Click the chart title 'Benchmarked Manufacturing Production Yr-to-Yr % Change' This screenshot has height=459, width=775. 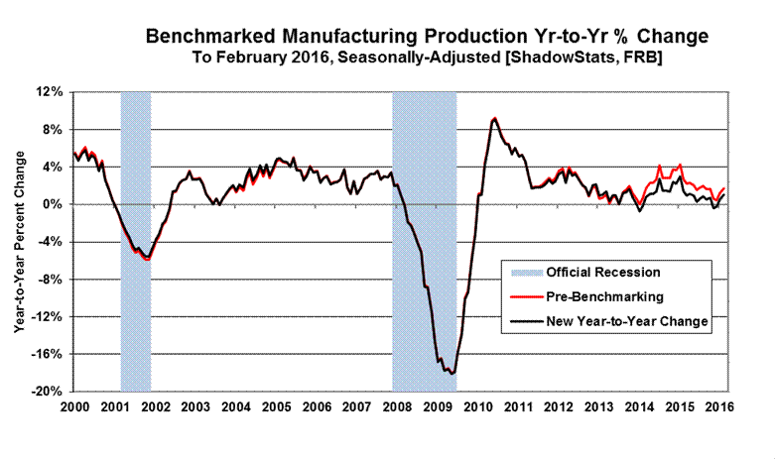427,37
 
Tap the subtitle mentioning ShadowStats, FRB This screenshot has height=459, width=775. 427,58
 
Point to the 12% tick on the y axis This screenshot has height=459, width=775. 51,92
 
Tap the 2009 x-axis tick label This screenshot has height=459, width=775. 440,407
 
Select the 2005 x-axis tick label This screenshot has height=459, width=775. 277,407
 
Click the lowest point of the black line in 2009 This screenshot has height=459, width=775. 452,374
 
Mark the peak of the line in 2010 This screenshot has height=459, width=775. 494,119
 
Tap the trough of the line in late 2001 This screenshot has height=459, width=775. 148,260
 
